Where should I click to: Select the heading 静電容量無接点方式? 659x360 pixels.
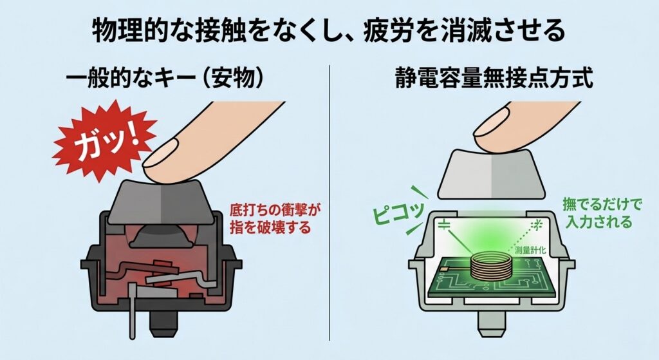click(494, 78)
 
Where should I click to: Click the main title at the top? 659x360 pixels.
click(329, 30)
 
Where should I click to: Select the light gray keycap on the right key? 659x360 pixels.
click(492, 174)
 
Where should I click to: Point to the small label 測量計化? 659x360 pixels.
click(530, 251)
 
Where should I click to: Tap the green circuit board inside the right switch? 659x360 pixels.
click(490, 278)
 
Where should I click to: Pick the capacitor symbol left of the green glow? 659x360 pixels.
click(444, 224)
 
